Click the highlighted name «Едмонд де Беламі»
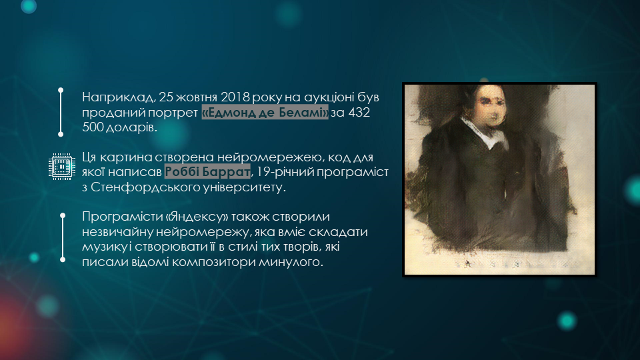[x=265, y=112]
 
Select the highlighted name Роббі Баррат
[x=207, y=172]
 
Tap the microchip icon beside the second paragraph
[x=61, y=167]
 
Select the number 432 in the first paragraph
[x=359, y=112]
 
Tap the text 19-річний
[x=285, y=172]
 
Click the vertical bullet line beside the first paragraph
[x=61, y=112]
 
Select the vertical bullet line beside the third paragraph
[x=63, y=237]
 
